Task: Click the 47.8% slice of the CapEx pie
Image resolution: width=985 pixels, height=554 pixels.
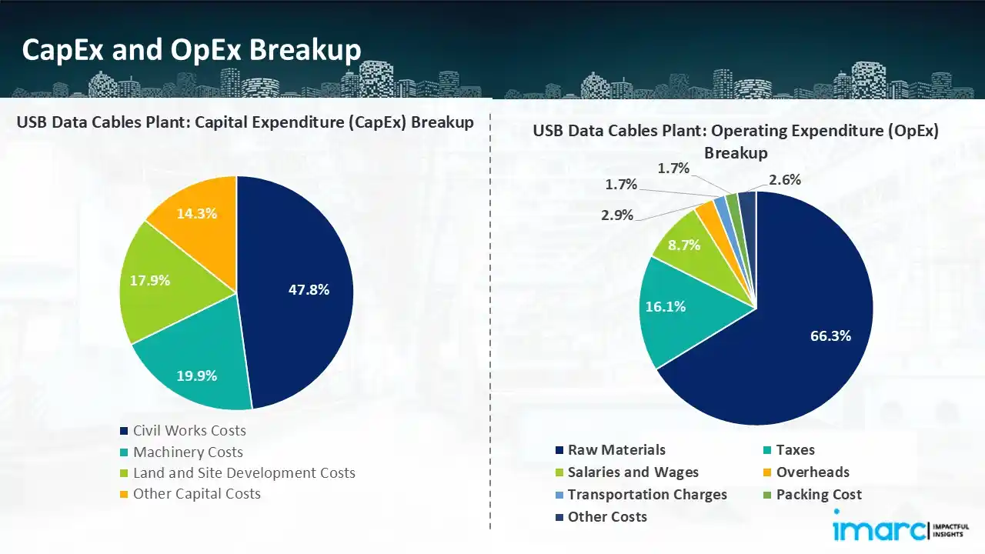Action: pos(308,290)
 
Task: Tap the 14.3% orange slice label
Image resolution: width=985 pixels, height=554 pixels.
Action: pos(197,214)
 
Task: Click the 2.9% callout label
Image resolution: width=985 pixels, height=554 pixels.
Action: pos(618,215)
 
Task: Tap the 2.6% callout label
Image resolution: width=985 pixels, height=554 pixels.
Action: pos(785,180)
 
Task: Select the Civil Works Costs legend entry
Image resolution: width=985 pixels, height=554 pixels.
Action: pos(189,431)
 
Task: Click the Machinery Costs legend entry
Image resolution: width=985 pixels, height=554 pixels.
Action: pos(188,452)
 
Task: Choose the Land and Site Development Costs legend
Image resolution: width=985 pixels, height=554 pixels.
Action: pos(244,473)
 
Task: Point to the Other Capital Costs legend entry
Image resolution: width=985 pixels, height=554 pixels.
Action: pos(196,494)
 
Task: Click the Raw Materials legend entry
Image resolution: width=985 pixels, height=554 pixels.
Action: pos(616,450)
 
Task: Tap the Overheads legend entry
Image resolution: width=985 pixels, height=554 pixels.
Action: pos(813,472)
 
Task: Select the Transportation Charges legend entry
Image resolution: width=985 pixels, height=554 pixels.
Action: pos(646,495)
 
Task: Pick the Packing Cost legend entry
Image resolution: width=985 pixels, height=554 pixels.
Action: pos(819,495)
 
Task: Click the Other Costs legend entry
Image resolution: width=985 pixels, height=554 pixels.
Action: pos(607,517)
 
